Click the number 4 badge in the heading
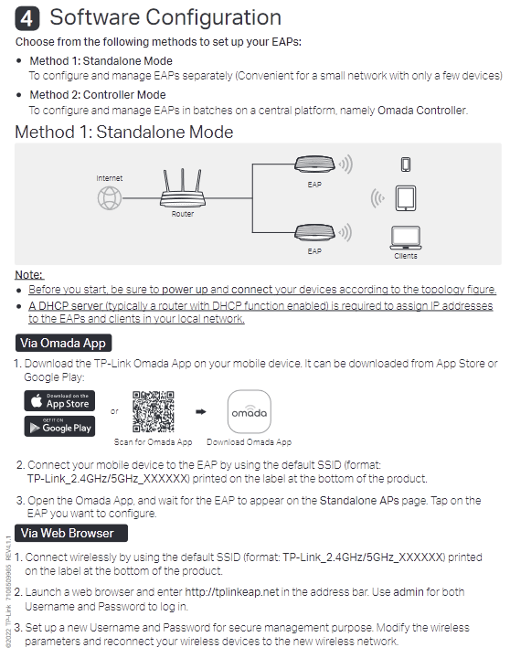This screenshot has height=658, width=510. click(27, 18)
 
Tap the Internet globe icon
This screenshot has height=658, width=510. click(110, 198)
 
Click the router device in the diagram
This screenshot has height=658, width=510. click(182, 188)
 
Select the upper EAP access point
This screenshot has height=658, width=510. click(314, 164)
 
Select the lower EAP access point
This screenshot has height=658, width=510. click(314, 232)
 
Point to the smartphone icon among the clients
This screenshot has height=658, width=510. click(406, 164)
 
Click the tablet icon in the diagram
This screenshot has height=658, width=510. click(406, 198)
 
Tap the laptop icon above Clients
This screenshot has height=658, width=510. click(406, 238)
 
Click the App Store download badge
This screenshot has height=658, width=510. click(59, 401)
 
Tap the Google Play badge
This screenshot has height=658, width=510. click(59, 427)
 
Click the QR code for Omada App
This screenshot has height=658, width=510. click(154, 411)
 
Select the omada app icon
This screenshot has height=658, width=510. click(250, 411)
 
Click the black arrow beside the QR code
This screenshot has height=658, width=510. click(201, 411)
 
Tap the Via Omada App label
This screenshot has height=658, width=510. click(63, 343)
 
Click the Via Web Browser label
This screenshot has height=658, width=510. click(71, 533)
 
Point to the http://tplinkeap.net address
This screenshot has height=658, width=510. click(232, 591)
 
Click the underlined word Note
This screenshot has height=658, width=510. click(29, 275)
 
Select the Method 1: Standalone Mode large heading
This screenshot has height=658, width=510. click(123, 133)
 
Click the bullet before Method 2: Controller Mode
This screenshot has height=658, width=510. click(18, 95)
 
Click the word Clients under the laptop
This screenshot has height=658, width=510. click(406, 256)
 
